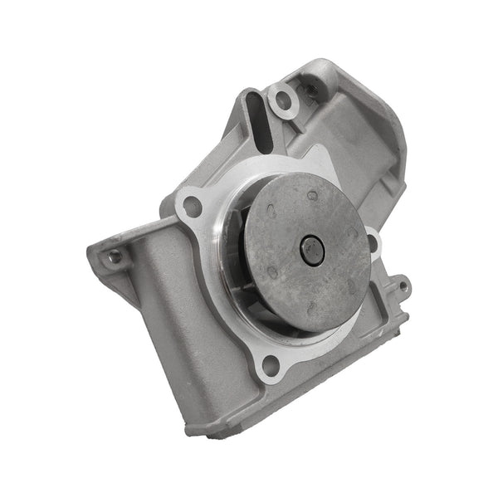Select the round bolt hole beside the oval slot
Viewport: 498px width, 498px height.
tap(284, 101)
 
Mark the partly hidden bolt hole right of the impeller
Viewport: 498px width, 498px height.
tap(374, 243)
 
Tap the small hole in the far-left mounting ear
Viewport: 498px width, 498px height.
tap(115, 256)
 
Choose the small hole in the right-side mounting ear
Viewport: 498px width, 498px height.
tap(403, 287)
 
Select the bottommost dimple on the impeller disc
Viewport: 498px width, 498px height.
tap(311, 309)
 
